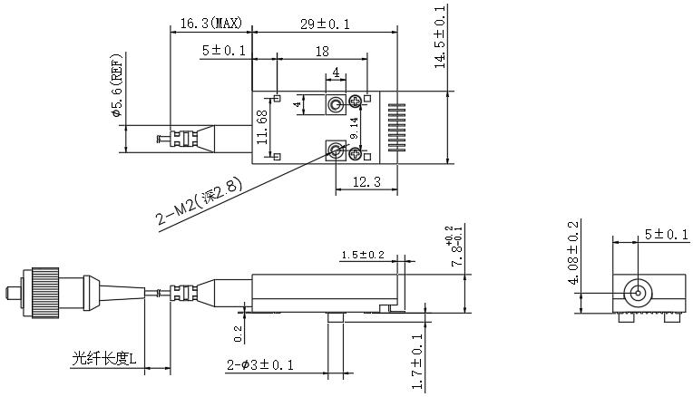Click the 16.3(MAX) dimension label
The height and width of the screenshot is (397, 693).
[x=211, y=23]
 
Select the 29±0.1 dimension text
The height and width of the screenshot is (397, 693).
[x=326, y=24]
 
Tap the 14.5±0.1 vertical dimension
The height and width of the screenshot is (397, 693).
[x=441, y=37]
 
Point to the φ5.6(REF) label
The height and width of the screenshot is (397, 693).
[x=116, y=85]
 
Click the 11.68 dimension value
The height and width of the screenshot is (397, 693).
[x=262, y=127]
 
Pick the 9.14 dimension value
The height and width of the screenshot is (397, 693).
[x=354, y=129]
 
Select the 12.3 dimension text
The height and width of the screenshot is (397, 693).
[x=366, y=181]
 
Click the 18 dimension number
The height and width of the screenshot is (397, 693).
[x=322, y=52]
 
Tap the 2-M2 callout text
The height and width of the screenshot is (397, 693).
[x=200, y=201]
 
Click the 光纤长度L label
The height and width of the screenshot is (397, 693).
[x=104, y=359]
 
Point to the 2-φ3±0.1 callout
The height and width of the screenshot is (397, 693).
[x=260, y=365]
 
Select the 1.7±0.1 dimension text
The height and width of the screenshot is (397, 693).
[x=417, y=362]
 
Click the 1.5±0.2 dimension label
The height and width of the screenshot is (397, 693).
[x=363, y=255]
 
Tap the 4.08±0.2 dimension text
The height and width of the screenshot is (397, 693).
[x=572, y=253]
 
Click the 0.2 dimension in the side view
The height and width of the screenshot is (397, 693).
[x=238, y=334]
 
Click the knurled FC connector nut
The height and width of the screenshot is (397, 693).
[x=45, y=293]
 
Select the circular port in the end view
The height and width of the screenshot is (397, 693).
[x=638, y=293]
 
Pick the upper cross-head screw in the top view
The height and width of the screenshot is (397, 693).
[x=356, y=102]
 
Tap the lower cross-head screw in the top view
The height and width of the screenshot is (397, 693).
[x=356, y=154]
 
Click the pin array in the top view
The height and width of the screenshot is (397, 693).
[x=396, y=127]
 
